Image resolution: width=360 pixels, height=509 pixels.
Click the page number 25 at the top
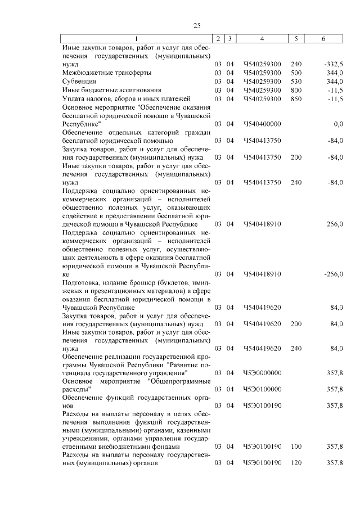197,25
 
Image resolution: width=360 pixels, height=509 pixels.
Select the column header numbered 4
262,38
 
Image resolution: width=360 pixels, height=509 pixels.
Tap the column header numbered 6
323,38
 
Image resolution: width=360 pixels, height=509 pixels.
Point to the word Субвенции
79,82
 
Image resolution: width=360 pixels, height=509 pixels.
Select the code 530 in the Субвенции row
296,82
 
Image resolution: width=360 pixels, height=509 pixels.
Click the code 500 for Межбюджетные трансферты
296,73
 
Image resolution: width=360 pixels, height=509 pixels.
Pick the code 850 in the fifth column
296,98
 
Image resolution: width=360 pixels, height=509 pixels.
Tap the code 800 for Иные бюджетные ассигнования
296,90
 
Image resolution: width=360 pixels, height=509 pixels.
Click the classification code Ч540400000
262,123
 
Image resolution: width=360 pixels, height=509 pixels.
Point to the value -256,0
334,274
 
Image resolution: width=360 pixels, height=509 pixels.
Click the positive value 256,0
335,224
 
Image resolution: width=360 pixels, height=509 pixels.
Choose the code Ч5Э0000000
262,372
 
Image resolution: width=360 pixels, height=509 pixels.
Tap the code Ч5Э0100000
262,389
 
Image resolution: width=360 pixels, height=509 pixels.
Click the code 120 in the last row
296,463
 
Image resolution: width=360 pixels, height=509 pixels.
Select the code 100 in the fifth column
296,447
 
